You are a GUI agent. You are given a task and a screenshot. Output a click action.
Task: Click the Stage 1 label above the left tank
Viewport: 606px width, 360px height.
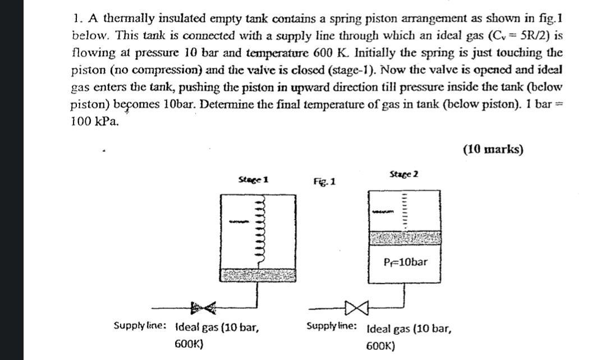(x=254, y=180)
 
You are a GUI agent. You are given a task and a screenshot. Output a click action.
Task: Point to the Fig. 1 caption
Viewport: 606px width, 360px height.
(x=325, y=182)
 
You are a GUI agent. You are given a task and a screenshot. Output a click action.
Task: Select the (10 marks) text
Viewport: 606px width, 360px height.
(x=493, y=149)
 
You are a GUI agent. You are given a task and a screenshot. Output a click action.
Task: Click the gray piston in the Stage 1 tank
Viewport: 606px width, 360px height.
(x=258, y=274)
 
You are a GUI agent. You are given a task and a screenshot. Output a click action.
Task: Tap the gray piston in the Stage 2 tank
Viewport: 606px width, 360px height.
(x=403, y=238)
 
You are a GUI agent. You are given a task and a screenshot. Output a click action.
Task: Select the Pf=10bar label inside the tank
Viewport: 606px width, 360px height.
(x=406, y=262)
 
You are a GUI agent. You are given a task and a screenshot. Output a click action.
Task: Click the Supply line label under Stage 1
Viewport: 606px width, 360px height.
(x=139, y=326)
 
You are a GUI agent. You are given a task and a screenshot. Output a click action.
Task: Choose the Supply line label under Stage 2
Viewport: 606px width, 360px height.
(x=331, y=326)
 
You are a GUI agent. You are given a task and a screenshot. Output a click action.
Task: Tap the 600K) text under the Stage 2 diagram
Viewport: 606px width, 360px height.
(x=380, y=347)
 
